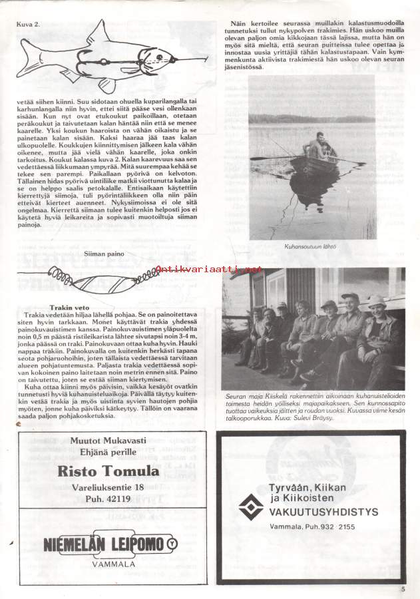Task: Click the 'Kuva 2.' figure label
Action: tap(27, 23)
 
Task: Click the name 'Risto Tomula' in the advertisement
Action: tap(118, 471)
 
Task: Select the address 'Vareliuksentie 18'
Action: tap(118, 489)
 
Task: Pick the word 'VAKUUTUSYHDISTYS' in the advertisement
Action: tap(324, 511)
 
